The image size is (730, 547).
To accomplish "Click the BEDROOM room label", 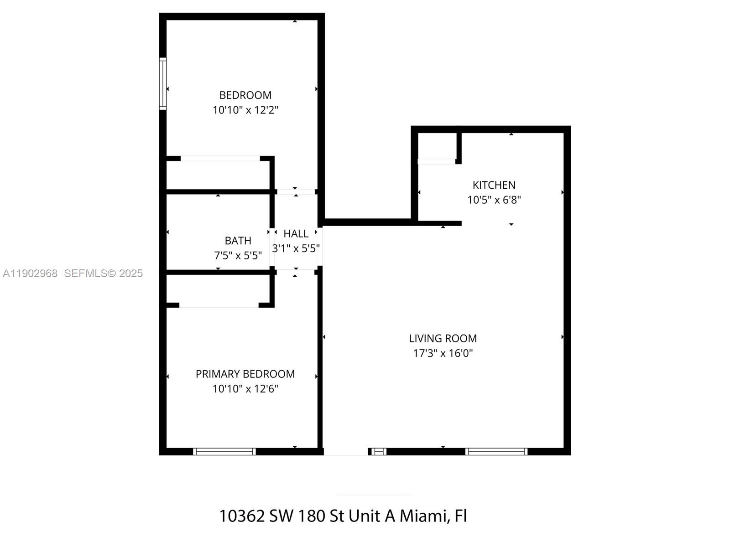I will [x=245, y=95].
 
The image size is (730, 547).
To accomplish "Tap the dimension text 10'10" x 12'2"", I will [x=245, y=110].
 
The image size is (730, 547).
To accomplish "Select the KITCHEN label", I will [x=494, y=185].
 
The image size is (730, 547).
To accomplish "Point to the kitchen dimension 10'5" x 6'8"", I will [x=494, y=200].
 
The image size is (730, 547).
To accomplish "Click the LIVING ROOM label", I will [x=443, y=338].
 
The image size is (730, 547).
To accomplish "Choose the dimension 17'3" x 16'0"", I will [x=443, y=353].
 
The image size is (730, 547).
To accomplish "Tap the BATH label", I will [x=238, y=241].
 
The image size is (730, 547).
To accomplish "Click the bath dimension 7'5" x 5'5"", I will [x=238, y=255].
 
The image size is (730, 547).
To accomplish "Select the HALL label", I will [x=296, y=234].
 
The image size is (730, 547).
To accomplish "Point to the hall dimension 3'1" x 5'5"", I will [x=296, y=248].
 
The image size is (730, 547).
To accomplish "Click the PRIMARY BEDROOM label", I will [x=245, y=374].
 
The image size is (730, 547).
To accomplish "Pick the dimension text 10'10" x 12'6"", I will [x=245, y=389].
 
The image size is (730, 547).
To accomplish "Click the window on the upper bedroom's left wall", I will [x=162, y=84].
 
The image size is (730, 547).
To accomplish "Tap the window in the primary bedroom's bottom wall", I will [x=224, y=451].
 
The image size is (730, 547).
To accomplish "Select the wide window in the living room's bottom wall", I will [x=496, y=451].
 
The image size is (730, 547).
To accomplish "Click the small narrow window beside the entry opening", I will [x=378, y=451].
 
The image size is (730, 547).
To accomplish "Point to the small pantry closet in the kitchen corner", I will [x=437, y=146].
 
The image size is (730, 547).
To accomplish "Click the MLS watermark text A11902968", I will [x=30, y=273].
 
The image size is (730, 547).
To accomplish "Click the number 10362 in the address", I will [x=242, y=516].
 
